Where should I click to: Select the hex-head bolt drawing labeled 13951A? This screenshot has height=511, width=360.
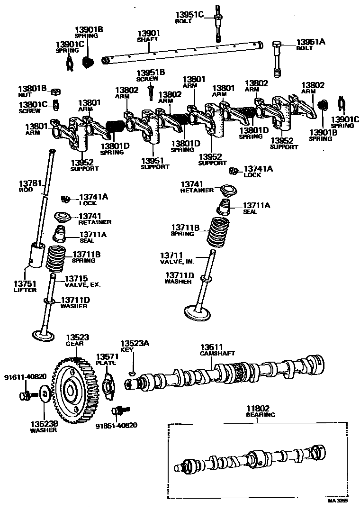[x=279, y=59]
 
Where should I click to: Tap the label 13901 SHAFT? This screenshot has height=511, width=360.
[x=148, y=36]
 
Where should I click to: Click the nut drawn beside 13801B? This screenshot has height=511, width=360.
[x=55, y=91]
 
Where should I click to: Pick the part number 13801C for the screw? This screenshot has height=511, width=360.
[x=33, y=104]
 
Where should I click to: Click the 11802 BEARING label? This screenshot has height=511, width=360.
[x=260, y=411]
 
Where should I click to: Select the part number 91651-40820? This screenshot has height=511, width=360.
[x=116, y=425]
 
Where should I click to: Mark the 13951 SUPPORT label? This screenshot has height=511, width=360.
[x=155, y=164]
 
